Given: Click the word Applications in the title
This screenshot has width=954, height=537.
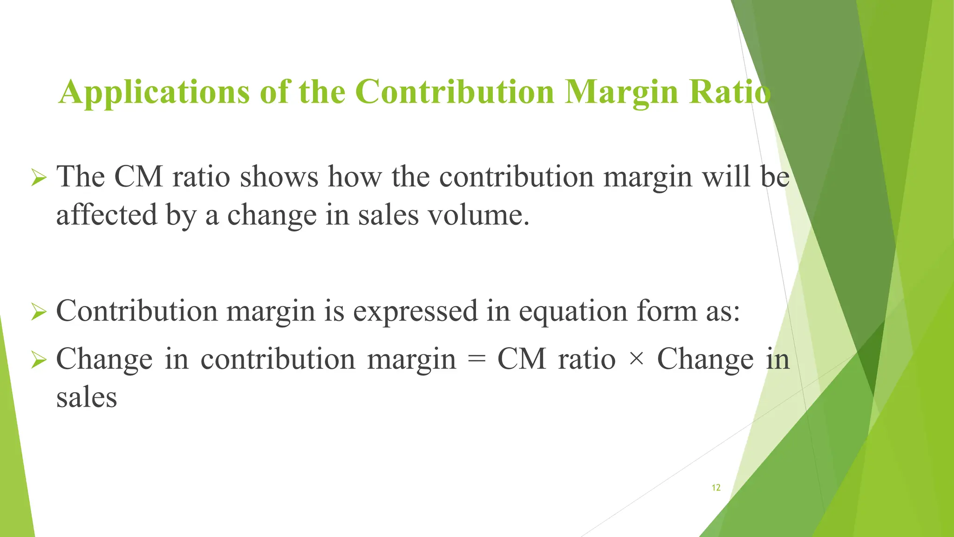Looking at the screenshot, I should (x=154, y=92).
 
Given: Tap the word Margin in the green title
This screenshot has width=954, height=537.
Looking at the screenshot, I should (x=622, y=92).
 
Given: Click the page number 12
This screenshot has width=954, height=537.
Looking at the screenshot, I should (x=716, y=488).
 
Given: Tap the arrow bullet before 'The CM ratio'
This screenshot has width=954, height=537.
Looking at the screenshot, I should (x=39, y=178).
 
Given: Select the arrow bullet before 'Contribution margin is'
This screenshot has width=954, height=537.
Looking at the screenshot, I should (x=39, y=312).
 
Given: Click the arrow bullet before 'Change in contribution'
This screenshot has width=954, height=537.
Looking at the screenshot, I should (x=39, y=360).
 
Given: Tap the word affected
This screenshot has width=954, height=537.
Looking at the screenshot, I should (x=107, y=215).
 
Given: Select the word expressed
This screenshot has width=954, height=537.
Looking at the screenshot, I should (x=415, y=311).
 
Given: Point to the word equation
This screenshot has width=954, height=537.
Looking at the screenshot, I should (x=573, y=311).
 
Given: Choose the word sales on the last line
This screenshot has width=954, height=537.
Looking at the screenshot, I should (x=87, y=398).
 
